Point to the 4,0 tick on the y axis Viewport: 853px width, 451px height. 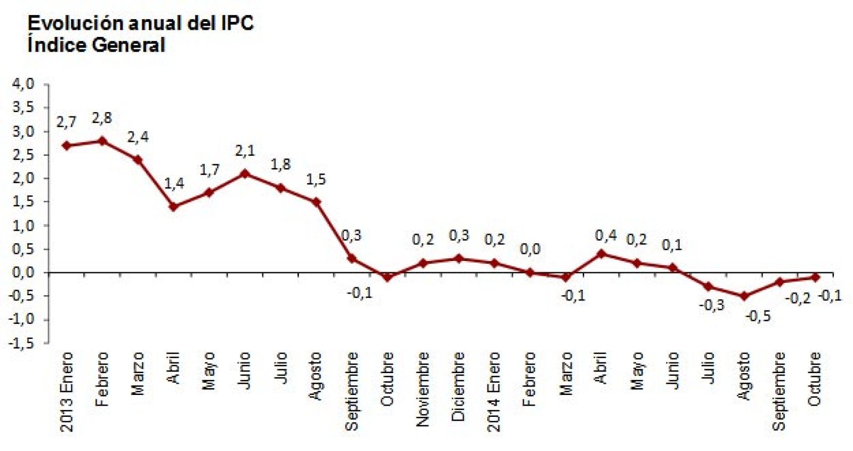(x=23, y=84)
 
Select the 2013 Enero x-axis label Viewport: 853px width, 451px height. (x=66, y=391)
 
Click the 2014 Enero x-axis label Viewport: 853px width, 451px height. (x=494, y=391)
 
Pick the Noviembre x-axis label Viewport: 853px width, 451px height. (x=422, y=389)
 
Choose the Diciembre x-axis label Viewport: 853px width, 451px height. (x=458, y=386)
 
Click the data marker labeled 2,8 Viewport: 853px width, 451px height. (x=102, y=141)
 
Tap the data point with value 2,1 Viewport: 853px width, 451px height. (x=245, y=173)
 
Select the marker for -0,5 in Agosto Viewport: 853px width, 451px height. (x=744, y=296)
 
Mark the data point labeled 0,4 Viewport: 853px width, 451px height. (x=601, y=254)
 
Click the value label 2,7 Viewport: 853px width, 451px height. (x=66, y=122)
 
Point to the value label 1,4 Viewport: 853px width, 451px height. (x=174, y=184)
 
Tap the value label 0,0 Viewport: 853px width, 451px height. (x=530, y=249)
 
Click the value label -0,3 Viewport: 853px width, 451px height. (x=711, y=305)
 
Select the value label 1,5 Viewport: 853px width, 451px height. (x=316, y=179)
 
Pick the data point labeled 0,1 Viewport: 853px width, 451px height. (x=673, y=267)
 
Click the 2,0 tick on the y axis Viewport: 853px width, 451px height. (x=23, y=178)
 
